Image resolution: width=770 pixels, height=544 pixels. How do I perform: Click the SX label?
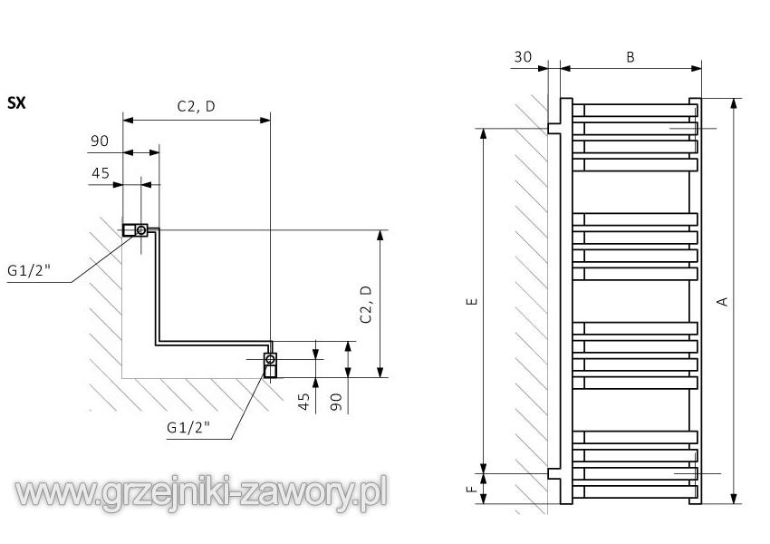point(16,103)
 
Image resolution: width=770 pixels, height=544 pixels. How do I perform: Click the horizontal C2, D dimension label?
point(196,106)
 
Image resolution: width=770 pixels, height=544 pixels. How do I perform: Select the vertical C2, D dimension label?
point(366,304)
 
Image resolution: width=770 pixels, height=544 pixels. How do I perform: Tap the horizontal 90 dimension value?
point(100,141)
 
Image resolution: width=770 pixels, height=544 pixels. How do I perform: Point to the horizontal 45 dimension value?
point(100,173)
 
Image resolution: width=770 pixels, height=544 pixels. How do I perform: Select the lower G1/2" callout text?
point(187,426)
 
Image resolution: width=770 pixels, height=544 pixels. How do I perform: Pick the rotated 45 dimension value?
point(305,399)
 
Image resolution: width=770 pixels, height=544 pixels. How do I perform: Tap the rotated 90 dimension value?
point(336,399)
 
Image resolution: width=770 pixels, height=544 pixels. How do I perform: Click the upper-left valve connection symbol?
point(140,230)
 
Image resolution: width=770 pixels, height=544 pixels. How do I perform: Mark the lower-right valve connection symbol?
point(270,360)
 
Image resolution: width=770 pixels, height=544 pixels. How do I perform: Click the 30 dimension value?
point(523,56)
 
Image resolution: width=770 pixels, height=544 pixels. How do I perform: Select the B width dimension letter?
point(630,56)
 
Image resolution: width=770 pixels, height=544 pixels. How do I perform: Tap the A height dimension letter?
point(722,301)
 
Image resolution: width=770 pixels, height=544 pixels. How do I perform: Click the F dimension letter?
point(471,489)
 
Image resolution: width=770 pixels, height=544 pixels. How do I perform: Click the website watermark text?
point(201,492)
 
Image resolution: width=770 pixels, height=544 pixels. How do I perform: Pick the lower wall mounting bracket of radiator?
point(553,473)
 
